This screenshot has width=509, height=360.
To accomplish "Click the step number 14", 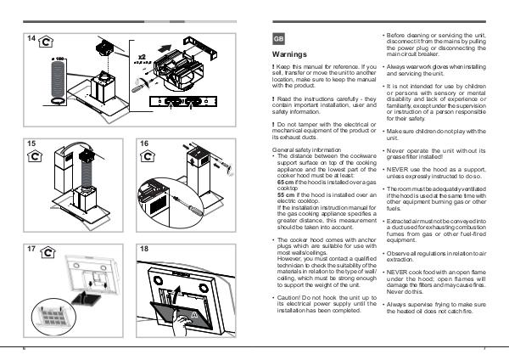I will (x=31, y=38).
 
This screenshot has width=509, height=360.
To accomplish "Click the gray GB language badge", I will (x=277, y=39).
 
